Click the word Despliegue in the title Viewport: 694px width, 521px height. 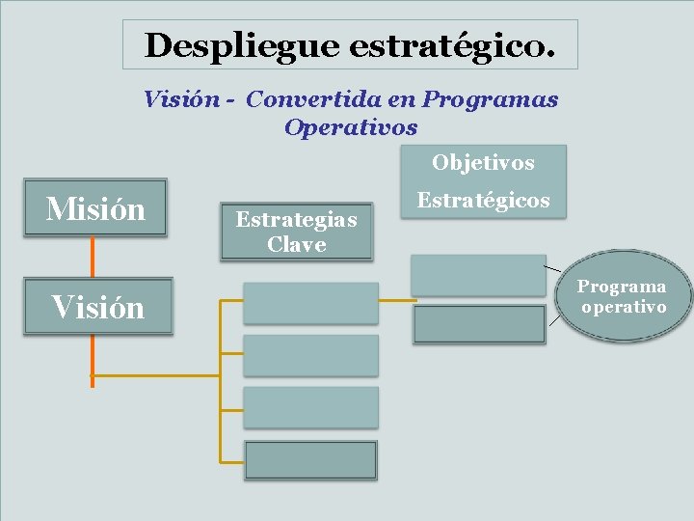coord(241,44)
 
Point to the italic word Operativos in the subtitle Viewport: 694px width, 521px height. coord(351,126)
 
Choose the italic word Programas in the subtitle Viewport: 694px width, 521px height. coord(491,99)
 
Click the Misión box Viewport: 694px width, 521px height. coord(95,208)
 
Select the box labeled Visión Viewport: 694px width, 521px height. coord(97,307)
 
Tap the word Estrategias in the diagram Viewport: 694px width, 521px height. coord(296,220)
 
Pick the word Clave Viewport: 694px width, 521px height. coord(296,244)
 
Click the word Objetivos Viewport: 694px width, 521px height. coord(483,162)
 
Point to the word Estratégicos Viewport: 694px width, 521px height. coord(483,201)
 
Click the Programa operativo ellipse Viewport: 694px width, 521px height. coord(621,297)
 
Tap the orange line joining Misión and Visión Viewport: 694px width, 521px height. coord(93,258)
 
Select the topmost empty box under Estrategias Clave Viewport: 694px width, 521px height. coord(310,303)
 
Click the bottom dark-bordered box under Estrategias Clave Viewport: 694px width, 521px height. coord(310,460)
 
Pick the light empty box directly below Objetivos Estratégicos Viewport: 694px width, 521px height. coord(478,274)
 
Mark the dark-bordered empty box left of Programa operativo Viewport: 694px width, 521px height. coord(479,324)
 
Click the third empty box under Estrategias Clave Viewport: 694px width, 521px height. coord(310,407)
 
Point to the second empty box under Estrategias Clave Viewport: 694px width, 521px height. coord(310,355)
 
